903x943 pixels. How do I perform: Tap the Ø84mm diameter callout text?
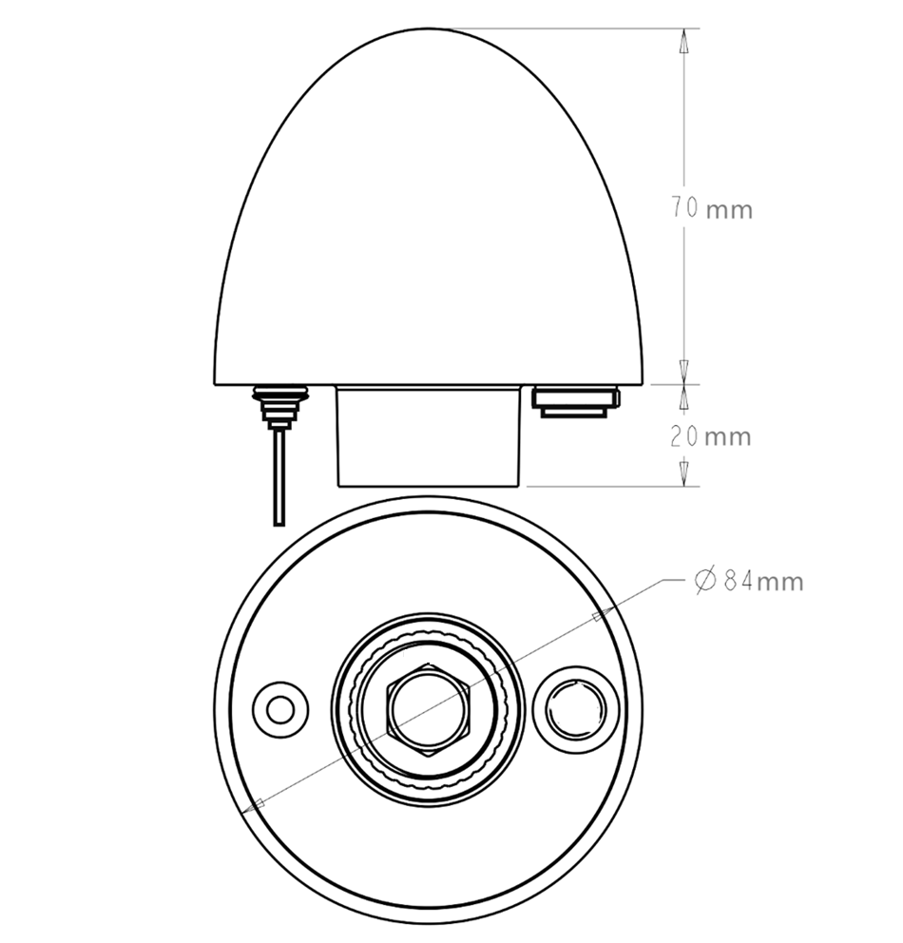click(748, 581)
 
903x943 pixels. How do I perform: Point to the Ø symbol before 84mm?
click(704, 581)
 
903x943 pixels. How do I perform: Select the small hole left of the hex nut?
click(280, 709)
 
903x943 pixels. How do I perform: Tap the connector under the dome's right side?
click(576, 400)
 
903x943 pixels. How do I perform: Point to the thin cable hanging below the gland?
click(278, 475)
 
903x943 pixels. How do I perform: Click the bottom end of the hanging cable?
click(278, 522)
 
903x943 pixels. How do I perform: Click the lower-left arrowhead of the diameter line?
click(254, 807)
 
